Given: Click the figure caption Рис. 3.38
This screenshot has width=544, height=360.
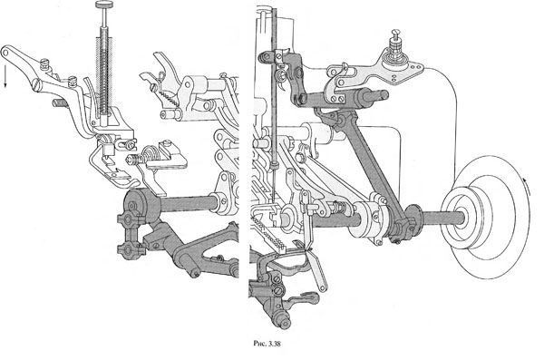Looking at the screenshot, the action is [x=267, y=344].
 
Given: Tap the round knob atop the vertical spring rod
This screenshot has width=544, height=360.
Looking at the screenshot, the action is [x=104, y=5].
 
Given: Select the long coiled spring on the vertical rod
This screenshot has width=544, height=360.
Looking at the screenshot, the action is [x=104, y=70].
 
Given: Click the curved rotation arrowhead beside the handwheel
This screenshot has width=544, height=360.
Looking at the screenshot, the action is [x=528, y=181].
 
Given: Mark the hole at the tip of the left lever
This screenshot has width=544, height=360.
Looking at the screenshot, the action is [x=5, y=53].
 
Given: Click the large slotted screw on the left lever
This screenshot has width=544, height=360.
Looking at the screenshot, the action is [x=37, y=85].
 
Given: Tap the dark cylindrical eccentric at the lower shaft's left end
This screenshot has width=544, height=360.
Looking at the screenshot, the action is [x=136, y=207].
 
